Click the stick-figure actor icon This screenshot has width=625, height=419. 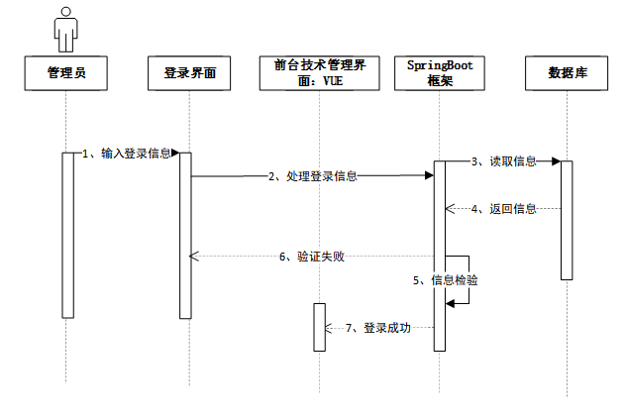tap(66, 30)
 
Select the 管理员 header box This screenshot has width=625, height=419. tap(66, 72)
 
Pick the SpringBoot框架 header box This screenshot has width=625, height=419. tap(440, 72)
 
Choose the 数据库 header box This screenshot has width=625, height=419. tap(568, 72)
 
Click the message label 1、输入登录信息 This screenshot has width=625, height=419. tap(127, 154)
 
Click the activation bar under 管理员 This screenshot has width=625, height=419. tap(67, 235)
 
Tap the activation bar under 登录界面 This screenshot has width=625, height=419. tap(185, 235)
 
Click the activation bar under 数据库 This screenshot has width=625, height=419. tap(567, 219)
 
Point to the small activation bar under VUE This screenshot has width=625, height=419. tap(319, 326)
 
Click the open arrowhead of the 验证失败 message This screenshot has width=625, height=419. tap(194, 257)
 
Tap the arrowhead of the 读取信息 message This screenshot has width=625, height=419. tap(556, 160)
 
